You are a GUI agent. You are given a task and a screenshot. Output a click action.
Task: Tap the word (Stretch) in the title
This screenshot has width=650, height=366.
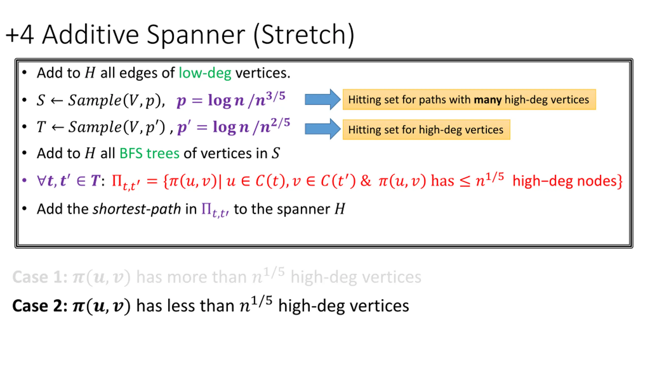pos(304,36)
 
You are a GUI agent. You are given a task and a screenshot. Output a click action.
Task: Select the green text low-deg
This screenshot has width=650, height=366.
pos(205,73)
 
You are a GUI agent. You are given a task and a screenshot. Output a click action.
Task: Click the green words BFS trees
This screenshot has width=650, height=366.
pos(149,153)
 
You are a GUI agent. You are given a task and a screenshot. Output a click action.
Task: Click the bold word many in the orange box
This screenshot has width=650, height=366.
pos(487,100)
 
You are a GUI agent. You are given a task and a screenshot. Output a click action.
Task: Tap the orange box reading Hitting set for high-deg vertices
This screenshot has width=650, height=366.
pos(426,130)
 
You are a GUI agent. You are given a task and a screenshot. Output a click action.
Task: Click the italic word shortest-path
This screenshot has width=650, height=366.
pos(137,209)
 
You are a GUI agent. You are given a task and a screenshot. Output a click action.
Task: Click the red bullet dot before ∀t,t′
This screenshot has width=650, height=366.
pos(24,180)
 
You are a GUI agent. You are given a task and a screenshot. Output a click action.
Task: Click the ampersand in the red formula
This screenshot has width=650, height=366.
pos(366,181)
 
